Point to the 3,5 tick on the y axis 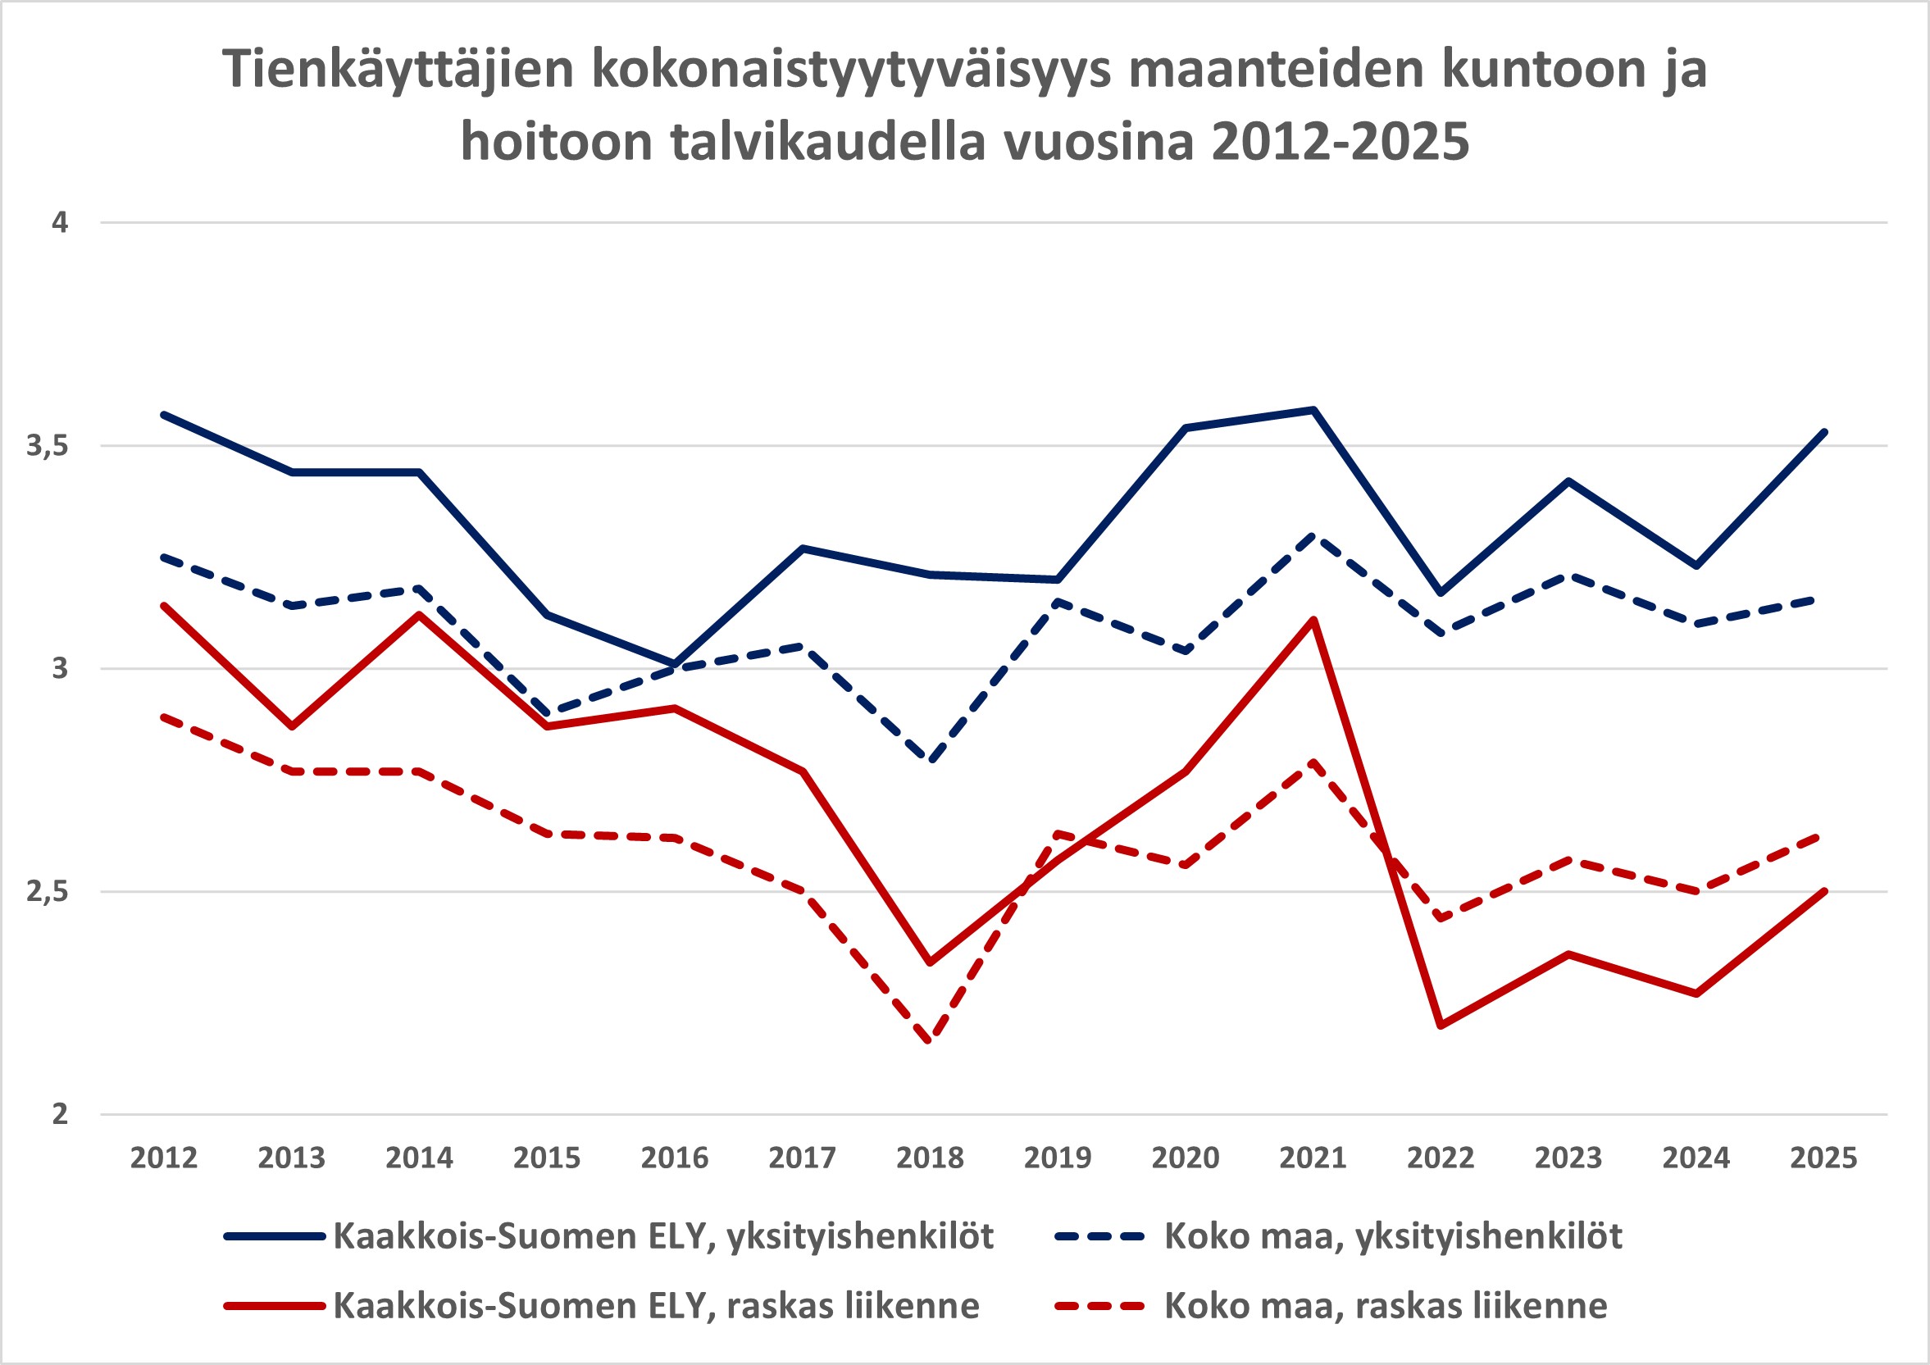point(46,446)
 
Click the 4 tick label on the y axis point(60,223)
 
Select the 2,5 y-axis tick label point(46,892)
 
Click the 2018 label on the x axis point(930,1158)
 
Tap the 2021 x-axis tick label point(1313,1158)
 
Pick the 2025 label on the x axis point(1823,1158)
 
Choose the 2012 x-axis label point(164,1158)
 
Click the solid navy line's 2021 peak point(1313,409)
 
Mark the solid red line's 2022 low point point(1441,1026)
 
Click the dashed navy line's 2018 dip point(930,760)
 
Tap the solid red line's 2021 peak point(1313,620)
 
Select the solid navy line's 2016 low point point(674,664)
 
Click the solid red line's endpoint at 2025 point(1823,891)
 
